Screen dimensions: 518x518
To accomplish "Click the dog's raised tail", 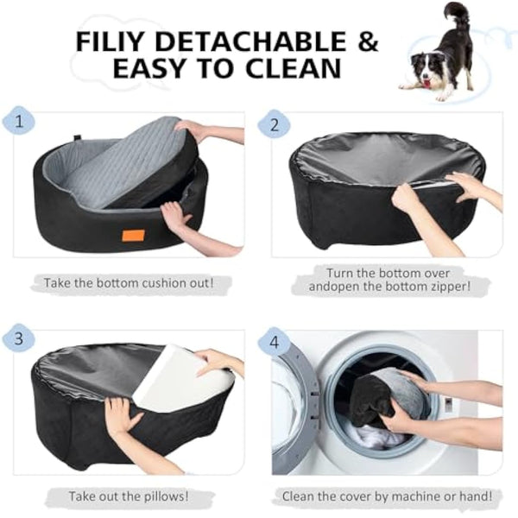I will tap(455, 14).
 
